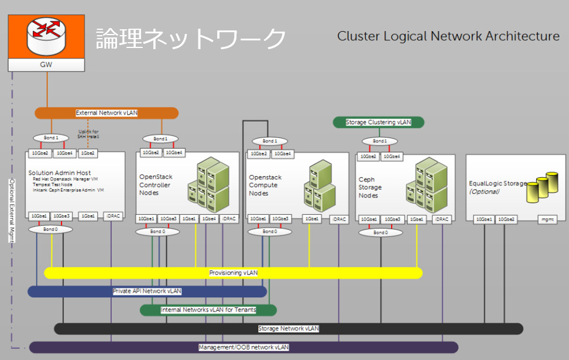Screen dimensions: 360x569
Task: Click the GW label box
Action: (x=46, y=64)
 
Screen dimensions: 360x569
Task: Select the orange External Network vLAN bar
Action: (x=106, y=113)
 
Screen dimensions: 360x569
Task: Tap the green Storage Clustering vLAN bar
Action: (x=378, y=122)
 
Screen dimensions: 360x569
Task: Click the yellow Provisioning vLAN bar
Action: (x=233, y=273)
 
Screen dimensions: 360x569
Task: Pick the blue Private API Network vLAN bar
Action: (x=147, y=291)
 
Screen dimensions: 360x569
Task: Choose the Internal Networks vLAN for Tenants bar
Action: (x=208, y=310)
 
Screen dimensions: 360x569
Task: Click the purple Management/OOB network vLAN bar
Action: (x=243, y=347)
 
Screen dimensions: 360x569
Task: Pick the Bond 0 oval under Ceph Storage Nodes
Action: (x=380, y=232)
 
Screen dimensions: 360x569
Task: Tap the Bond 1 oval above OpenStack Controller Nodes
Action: (x=159, y=139)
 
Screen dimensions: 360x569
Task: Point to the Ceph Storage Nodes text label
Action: (x=371, y=187)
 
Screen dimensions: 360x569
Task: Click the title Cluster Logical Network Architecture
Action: (x=448, y=36)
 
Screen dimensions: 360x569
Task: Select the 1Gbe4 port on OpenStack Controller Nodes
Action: (x=208, y=219)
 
